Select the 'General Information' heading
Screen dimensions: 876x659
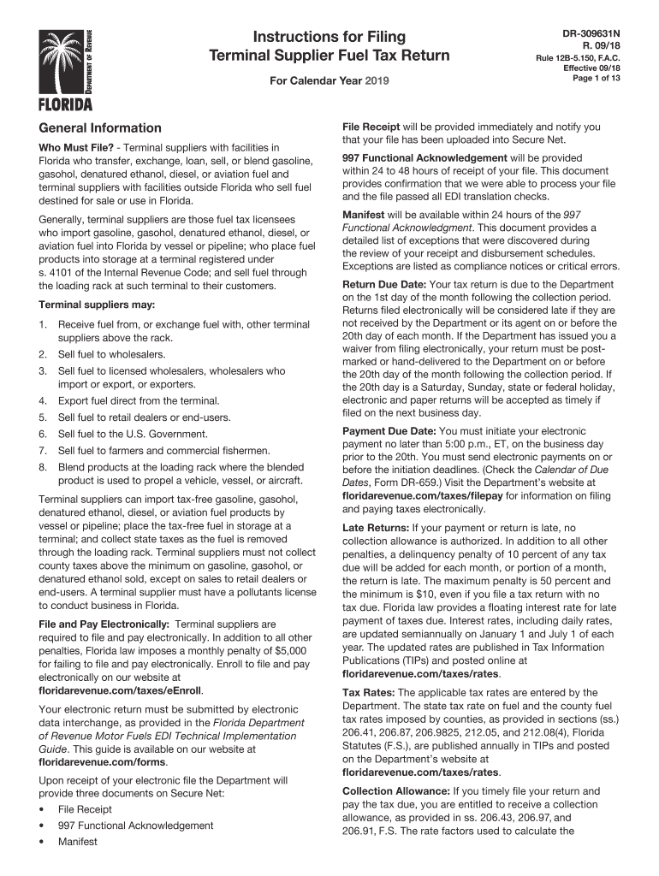(99, 127)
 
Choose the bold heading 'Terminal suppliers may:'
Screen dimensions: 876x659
(93, 305)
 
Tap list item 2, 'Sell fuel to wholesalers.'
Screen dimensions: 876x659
(112, 354)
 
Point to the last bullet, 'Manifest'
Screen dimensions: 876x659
(78, 842)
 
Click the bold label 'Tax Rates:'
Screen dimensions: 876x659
(369, 692)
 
